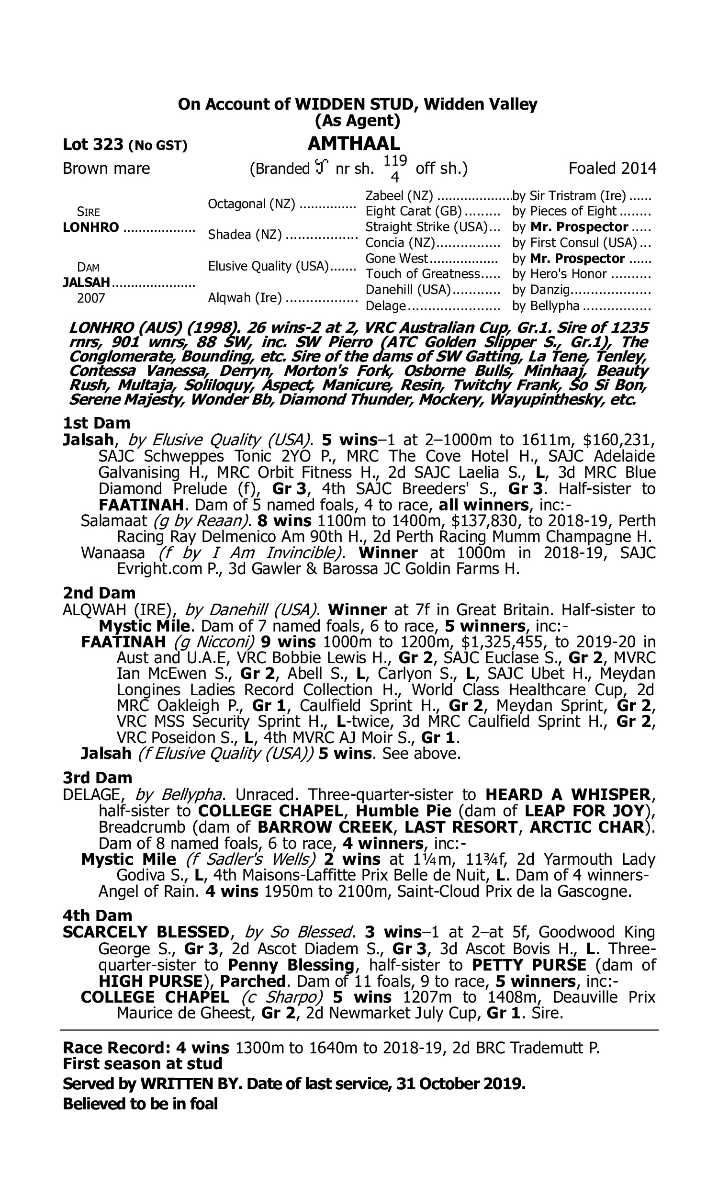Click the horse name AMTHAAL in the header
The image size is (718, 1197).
[354, 143]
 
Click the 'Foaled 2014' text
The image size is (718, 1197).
[612, 169]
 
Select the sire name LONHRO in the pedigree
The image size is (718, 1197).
[91, 227]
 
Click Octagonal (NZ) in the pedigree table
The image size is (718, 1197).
[252, 203]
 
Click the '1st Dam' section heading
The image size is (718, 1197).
[97, 423]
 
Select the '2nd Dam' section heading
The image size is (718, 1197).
[99, 593]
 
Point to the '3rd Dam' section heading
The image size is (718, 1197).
[97, 778]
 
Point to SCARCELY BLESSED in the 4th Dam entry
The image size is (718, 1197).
[146, 932]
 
